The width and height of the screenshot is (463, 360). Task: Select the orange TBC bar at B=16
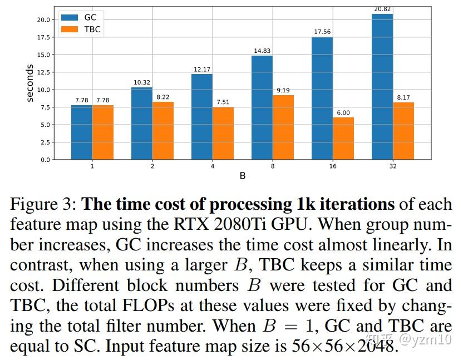(343, 139)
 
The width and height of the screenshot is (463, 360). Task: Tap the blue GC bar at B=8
(262, 107)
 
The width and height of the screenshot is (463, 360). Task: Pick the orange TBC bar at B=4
(222, 134)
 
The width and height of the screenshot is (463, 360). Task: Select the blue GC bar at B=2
(142, 124)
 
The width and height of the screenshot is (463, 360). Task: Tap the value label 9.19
(283, 90)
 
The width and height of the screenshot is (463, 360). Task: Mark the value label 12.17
(202, 69)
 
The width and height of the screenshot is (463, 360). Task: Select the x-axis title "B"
(243, 176)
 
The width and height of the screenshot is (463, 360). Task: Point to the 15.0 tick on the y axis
(43, 55)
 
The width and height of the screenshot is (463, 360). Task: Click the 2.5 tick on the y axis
(45, 142)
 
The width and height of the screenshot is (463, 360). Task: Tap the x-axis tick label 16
(332, 166)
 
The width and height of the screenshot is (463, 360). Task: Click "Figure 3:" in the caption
(43, 204)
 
